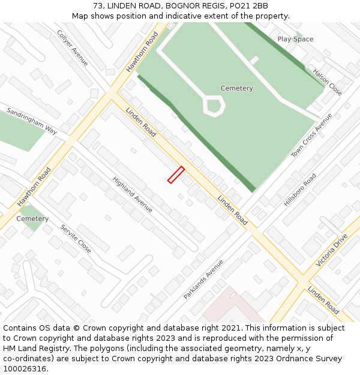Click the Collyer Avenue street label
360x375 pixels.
[x=73, y=48]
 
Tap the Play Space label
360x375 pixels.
[x=295, y=39]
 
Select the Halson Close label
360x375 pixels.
[x=327, y=82]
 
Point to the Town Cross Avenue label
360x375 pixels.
[x=311, y=136]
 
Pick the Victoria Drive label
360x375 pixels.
[x=331, y=250]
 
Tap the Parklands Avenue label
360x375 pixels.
[x=203, y=279]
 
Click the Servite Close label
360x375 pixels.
[x=76, y=238]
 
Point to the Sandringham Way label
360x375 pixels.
[x=32, y=121]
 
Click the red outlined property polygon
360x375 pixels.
[x=176, y=174]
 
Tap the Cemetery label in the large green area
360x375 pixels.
[x=236, y=88]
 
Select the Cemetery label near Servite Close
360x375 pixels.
[x=32, y=219]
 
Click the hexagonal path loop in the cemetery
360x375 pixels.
[x=214, y=106]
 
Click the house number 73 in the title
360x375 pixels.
[x=98, y=6]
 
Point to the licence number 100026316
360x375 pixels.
[x=24, y=368]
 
